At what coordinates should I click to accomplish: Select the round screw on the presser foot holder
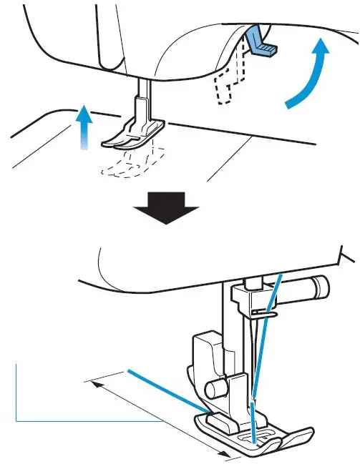(213, 390)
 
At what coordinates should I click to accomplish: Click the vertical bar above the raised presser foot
(142, 97)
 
